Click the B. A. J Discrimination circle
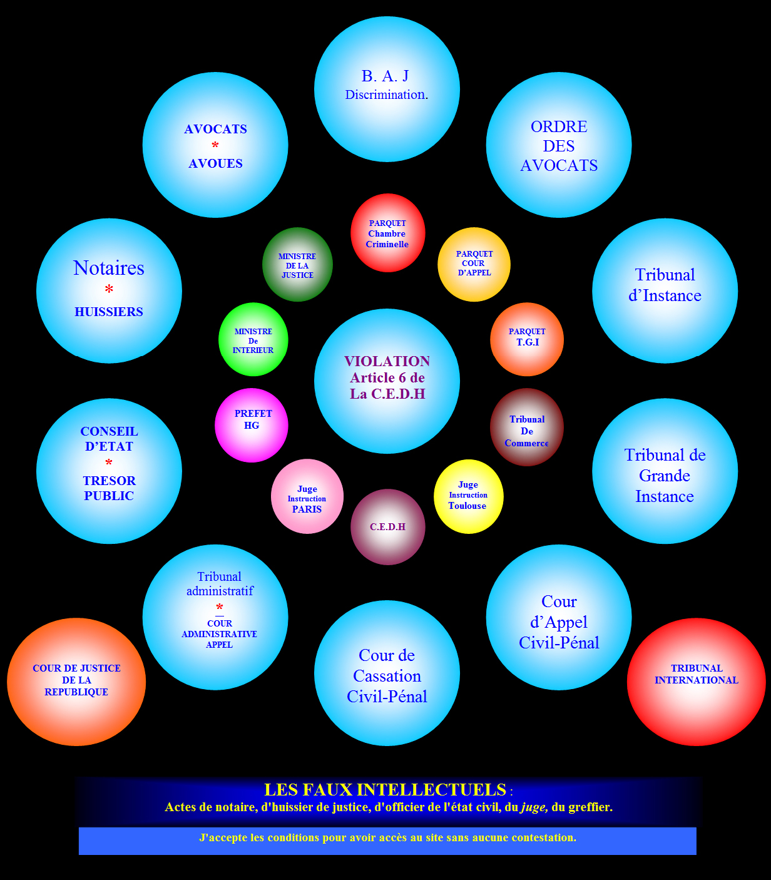point(387,89)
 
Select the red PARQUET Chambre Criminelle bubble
point(387,233)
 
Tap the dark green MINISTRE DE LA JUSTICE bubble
point(297,265)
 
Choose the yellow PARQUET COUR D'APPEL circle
point(474,264)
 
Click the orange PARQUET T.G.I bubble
point(527,339)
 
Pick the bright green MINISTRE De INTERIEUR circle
point(253,340)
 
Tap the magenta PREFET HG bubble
point(252,425)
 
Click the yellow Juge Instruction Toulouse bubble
point(468,496)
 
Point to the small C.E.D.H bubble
point(387,527)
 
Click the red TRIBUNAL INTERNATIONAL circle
point(696,682)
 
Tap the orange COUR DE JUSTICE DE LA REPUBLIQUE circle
point(76,682)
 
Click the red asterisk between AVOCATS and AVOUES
point(215,146)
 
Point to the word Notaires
point(109,268)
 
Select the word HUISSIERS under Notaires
point(109,312)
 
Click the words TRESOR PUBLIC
point(109,488)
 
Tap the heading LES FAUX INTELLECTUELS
point(385,790)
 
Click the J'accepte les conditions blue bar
point(387,841)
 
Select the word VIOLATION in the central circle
point(387,361)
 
